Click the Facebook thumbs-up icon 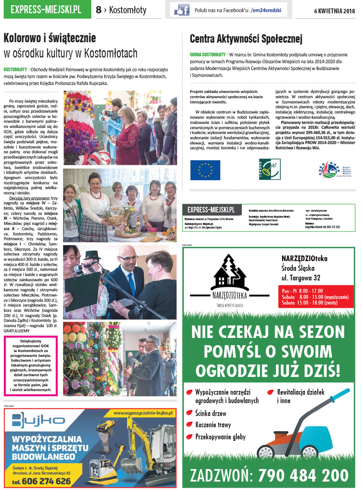coord(182,10)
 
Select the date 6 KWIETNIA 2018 coord(334,11)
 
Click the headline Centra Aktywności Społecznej coord(246,39)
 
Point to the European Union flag coord(205,170)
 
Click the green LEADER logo coord(269,169)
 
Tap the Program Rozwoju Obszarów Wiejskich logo coord(335,170)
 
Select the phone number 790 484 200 coord(303,475)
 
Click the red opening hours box coord(316,296)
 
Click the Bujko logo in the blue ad coord(38,420)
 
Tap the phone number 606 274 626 coord(41,481)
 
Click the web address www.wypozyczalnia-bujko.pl coord(143,413)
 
